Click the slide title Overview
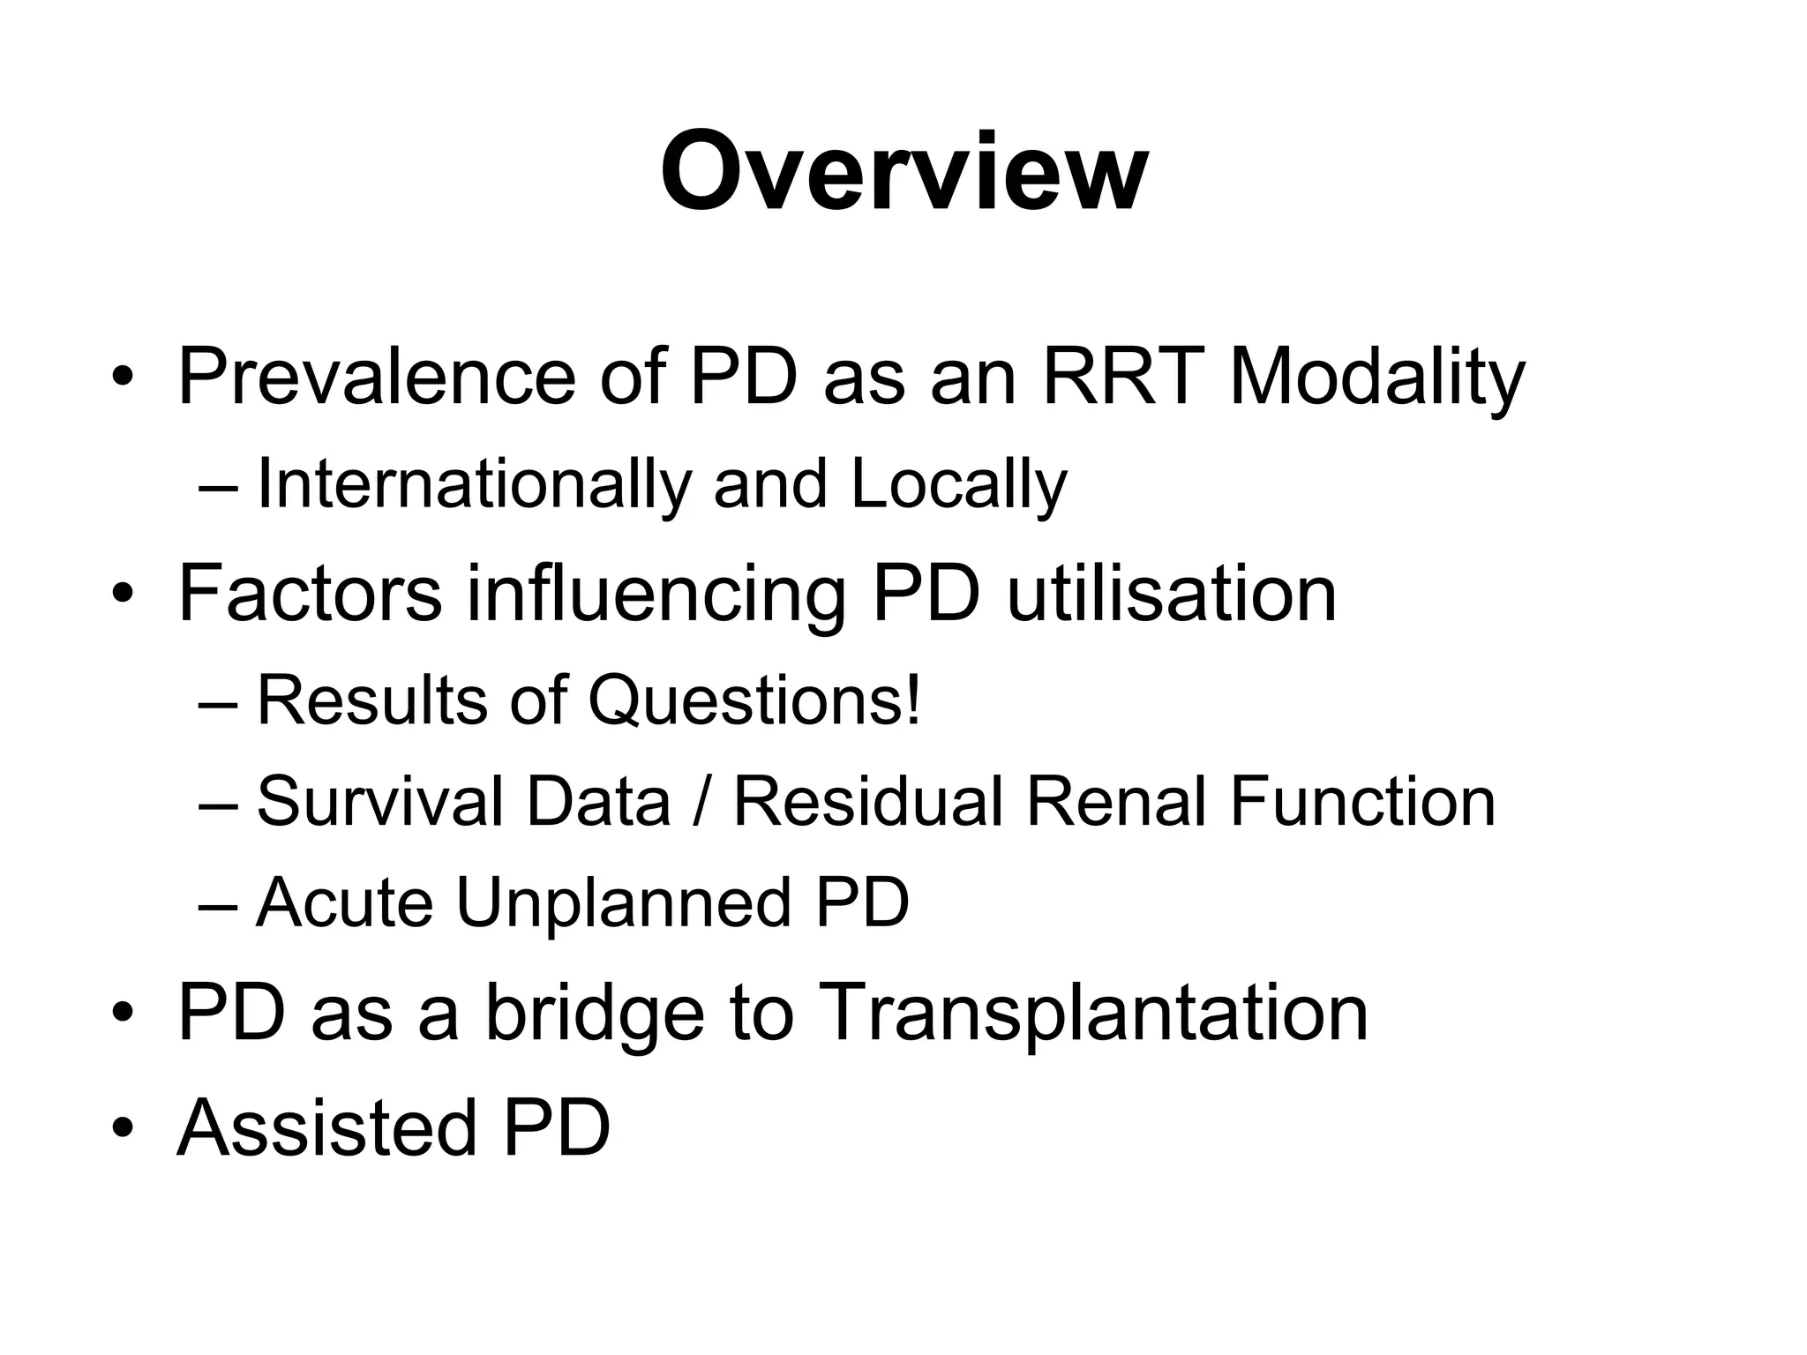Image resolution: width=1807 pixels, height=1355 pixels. pos(903,172)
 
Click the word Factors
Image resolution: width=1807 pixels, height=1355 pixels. pos(310,594)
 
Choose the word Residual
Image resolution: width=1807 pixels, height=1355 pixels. pos(868,801)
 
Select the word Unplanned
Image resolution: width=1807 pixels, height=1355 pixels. pos(623,904)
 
